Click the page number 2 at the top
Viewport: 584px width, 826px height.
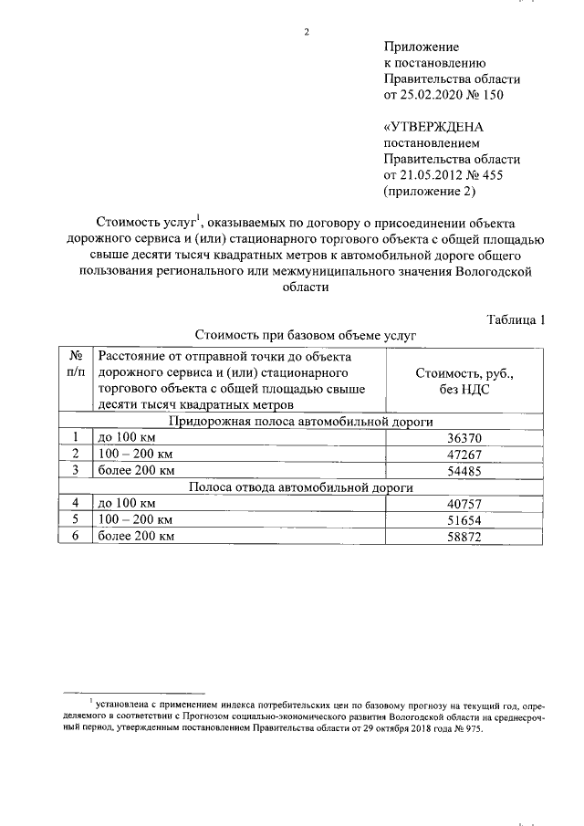[307, 33]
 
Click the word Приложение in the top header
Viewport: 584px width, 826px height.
[421, 46]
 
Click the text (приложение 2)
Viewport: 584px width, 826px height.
[431, 192]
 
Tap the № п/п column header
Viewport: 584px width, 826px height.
[77, 363]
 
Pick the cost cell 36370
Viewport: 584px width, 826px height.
[464, 437]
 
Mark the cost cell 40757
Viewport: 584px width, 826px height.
[464, 504]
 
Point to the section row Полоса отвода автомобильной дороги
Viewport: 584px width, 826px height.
[300, 487]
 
